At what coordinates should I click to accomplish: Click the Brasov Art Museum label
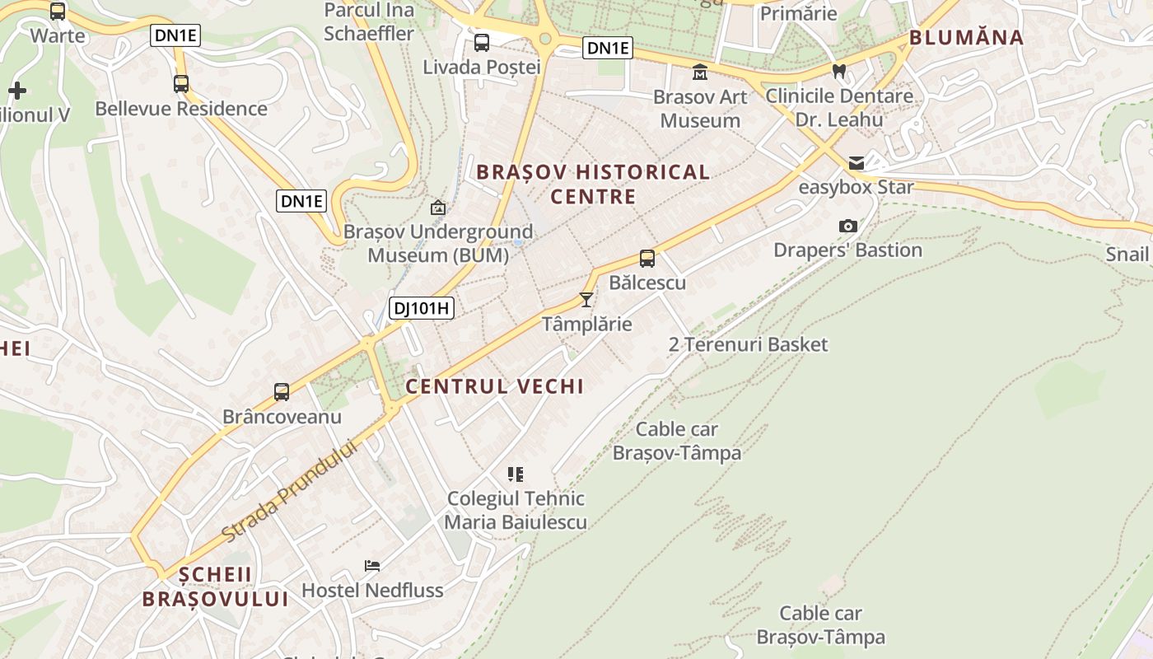700,109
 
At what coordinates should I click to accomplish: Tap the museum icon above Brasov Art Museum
700,72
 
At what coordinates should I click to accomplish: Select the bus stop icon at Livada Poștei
482,43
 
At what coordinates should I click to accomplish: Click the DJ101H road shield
422,309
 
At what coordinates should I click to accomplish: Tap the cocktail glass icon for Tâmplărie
586,299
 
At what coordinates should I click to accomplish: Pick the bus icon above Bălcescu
647,259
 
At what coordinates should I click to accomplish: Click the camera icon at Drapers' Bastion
847,226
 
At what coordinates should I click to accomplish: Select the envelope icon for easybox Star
857,163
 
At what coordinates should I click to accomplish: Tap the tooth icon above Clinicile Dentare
839,72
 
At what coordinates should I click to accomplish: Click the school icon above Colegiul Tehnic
516,474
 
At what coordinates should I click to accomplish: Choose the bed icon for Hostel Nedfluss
372,566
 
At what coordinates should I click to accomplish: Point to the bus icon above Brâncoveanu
282,392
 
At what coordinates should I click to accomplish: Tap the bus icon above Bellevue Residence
181,84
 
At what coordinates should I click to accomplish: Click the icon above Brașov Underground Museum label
438,208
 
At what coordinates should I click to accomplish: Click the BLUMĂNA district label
966,37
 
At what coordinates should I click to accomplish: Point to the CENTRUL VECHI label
494,386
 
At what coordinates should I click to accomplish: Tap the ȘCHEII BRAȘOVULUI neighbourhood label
215,587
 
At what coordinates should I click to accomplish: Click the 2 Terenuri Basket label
748,344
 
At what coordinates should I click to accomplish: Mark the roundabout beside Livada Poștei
544,38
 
